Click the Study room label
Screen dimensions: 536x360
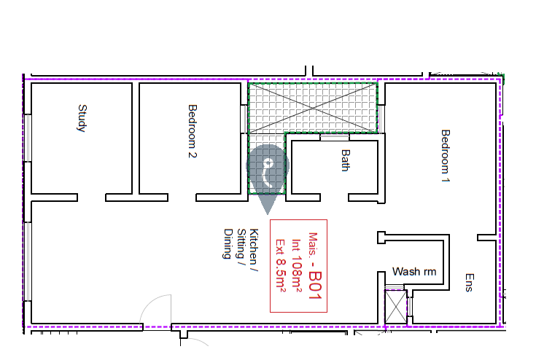82,118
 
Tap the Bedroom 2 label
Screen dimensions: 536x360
193,131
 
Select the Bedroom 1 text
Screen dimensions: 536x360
446,156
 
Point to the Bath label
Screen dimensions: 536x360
346,160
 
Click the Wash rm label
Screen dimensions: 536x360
414,272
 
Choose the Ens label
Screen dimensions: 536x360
470,283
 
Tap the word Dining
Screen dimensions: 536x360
228,244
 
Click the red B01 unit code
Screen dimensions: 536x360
315,286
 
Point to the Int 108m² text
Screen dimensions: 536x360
297,266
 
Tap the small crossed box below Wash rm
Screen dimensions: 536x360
396,307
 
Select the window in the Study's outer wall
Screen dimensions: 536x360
28,138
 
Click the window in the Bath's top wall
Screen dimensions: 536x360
335,137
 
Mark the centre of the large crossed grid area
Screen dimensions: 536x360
313,108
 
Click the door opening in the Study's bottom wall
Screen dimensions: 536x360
92,197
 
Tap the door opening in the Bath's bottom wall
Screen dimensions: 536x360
334,197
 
